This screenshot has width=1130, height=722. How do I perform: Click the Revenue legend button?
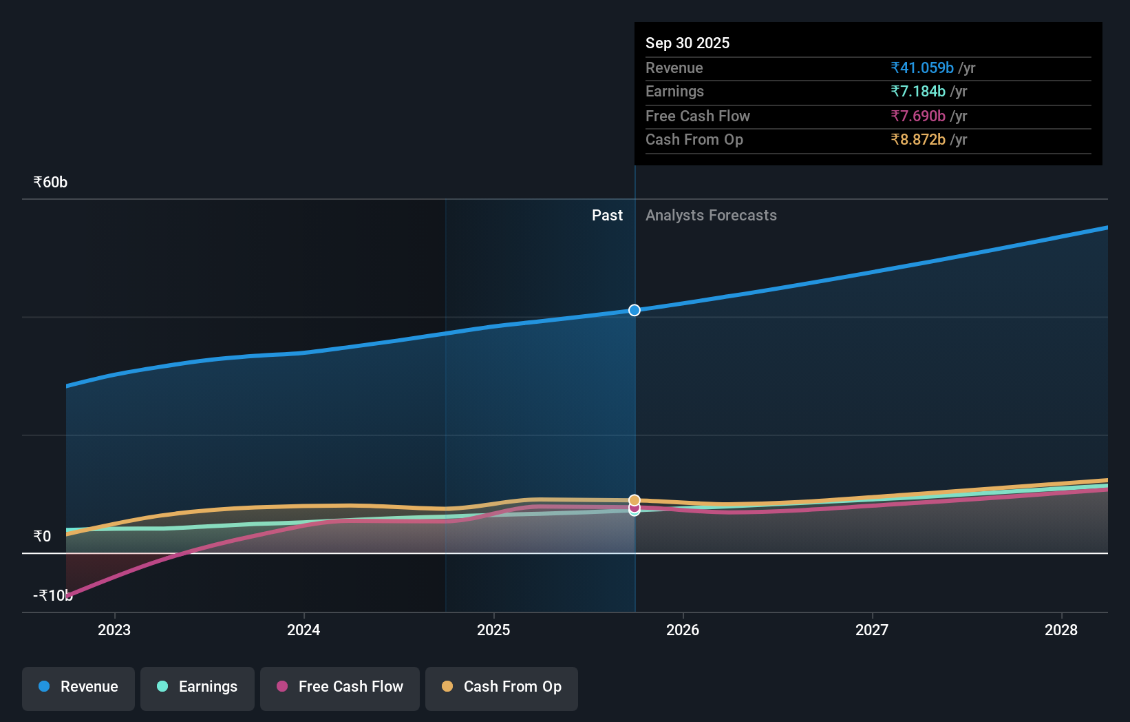[x=78, y=688]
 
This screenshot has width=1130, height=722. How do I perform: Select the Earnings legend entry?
[x=198, y=688]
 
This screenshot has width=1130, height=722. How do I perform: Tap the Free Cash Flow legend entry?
[x=340, y=688]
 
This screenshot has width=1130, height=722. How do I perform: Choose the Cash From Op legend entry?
[x=502, y=688]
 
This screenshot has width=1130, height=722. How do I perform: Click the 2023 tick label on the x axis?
[x=114, y=630]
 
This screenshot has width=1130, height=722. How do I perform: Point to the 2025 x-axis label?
[x=493, y=630]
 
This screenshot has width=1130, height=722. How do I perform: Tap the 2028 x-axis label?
[x=1060, y=630]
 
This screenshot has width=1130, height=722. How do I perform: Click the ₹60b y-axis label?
[x=50, y=183]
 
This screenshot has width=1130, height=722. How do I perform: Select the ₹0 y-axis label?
[x=42, y=537]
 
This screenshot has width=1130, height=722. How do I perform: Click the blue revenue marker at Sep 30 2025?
[x=635, y=311]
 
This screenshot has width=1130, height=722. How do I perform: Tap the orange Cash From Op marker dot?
[x=635, y=500]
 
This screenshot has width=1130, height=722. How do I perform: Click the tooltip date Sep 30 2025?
[x=687, y=43]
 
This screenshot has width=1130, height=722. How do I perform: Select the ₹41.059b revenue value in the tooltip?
[x=922, y=68]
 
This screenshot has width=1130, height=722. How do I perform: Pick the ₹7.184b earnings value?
[x=918, y=92]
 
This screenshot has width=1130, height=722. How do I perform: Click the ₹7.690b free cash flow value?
[x=918, y=116]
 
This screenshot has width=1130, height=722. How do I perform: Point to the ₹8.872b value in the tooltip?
[x=918, y=140]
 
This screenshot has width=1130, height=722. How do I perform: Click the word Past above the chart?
[x=607, y=216]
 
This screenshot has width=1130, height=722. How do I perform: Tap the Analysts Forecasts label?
[x=711, y=216]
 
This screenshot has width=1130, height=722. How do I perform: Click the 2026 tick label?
[x=683, y=630]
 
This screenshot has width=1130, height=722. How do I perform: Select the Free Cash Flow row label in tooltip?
[x=697, y=116]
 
